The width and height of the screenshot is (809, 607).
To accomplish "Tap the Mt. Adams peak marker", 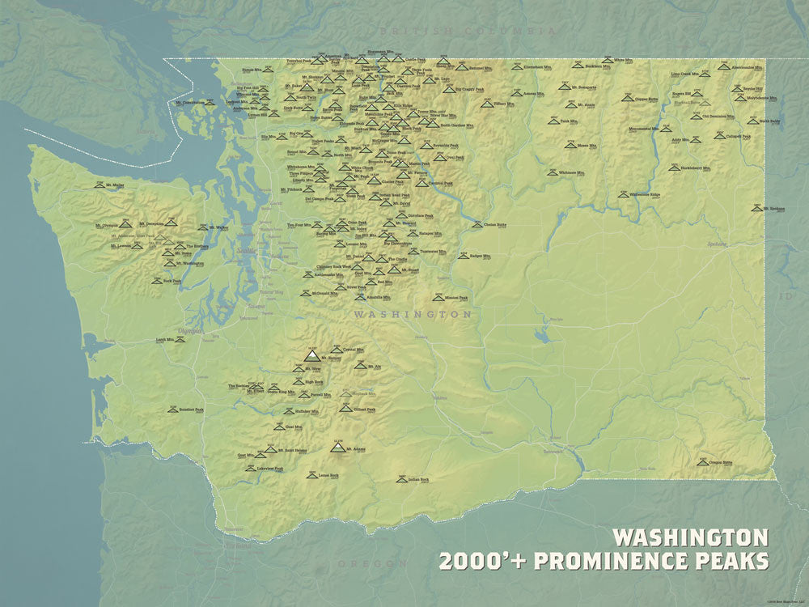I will (337, 446).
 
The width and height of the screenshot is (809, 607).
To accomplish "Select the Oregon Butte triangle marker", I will (703, 463).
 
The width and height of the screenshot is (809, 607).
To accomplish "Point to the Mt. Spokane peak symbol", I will (756, 208).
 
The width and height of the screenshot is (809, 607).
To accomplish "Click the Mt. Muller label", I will (114, 185).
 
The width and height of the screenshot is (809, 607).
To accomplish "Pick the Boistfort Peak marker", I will (172, 410).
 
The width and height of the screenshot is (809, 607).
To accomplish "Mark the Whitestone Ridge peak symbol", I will (622, 195).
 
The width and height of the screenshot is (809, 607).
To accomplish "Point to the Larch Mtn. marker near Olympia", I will (180, 341).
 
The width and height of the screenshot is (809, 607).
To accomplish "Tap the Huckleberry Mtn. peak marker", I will (673, 168).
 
